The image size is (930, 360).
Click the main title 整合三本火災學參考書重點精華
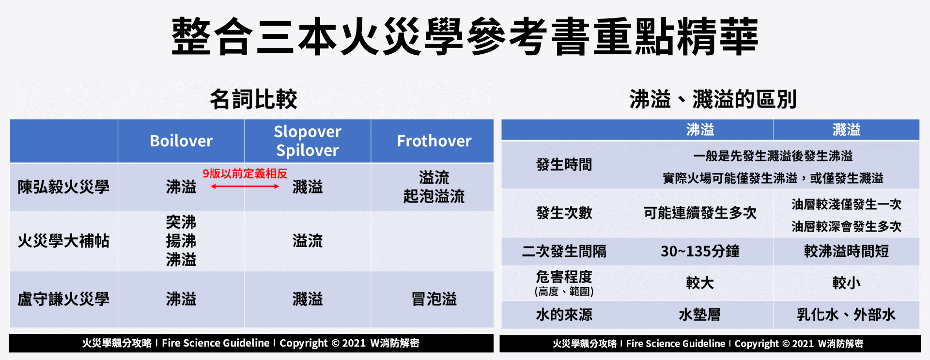point(465,36)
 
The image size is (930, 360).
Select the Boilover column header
point(181,141)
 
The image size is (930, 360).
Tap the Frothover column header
point(434,141)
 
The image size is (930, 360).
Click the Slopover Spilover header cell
point(308,141)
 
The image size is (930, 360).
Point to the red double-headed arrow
point(245,187)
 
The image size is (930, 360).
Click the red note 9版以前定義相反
point(245,173)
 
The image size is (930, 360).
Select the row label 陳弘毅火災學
point(63,187)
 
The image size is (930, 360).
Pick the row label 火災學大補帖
point(63,241)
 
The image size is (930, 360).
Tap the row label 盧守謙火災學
point(63,299)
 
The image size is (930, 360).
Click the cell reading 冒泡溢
point(434,299)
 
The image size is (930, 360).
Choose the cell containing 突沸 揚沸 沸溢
point(181,241)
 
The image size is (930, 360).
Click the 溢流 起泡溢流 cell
point(434,187)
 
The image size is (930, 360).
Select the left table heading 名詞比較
point(253,99)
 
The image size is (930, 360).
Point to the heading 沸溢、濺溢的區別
point(713,99)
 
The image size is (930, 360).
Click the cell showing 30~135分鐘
point(700,251)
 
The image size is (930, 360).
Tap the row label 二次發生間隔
point(564,251)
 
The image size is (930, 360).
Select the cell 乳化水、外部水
point(846,315)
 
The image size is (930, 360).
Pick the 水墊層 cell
point(700,315)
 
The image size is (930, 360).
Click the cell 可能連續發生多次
point(700,213)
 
